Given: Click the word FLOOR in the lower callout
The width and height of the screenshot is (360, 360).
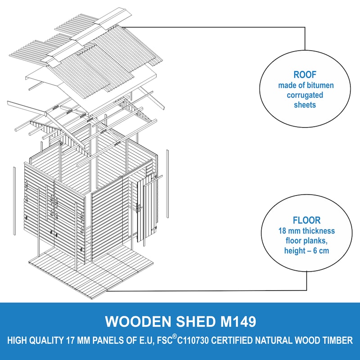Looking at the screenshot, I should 306,220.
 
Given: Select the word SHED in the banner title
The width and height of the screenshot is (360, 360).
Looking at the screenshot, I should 189,321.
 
